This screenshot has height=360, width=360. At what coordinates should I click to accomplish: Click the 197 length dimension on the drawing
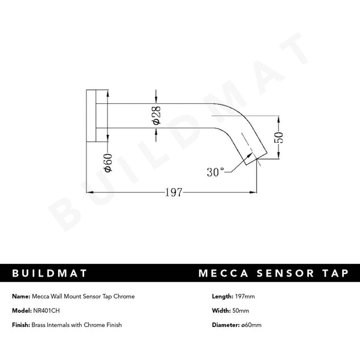point(173,193)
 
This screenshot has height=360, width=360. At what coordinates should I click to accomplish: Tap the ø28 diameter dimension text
point(156,115)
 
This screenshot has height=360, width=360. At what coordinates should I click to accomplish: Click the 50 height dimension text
point(278,137)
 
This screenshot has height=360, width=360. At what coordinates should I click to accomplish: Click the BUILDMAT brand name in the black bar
point(50,274)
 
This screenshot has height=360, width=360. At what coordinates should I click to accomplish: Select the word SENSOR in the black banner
point(281,274)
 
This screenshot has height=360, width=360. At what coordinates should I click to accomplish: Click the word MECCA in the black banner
point(222,274)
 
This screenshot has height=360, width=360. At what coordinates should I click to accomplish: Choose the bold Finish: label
point(22,325)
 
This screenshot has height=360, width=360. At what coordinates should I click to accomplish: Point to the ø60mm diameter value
point(251,325)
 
